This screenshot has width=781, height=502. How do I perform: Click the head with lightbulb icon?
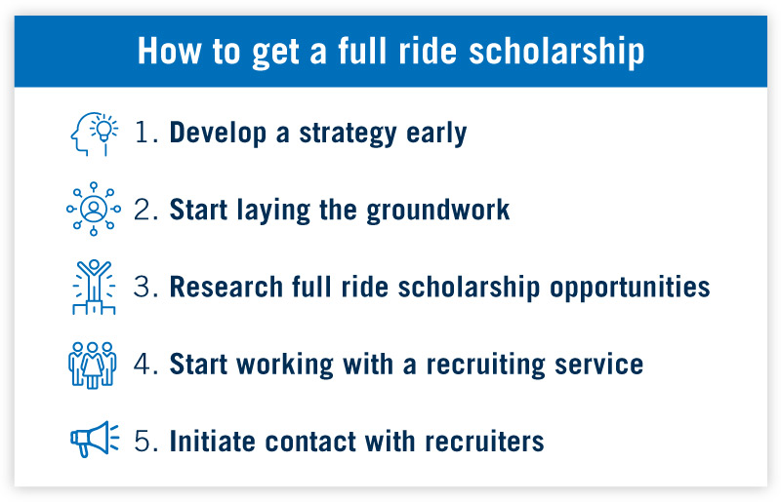[93, 134]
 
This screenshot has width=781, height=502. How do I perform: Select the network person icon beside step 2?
[93, 209]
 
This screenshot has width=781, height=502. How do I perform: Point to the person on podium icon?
[93, 287]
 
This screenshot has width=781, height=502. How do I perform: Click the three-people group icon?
[93, 365]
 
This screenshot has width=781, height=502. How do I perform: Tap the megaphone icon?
[93, 441]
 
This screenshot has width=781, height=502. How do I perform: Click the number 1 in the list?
[144, 134]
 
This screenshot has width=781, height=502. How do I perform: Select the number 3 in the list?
[145, 288]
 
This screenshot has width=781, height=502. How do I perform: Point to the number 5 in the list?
[145, 442]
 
